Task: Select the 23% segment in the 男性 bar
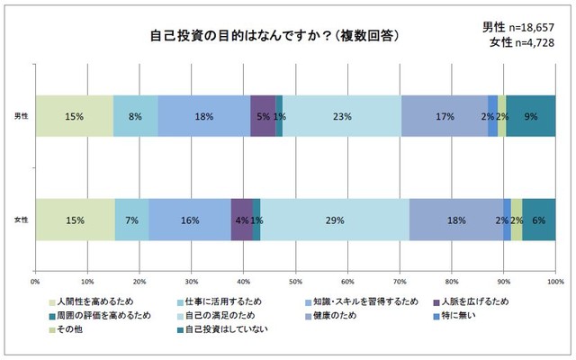tap(342, 115)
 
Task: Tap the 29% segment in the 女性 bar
tap(335, 220)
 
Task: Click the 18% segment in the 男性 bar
tap(204, 115)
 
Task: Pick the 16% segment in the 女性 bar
tap(190, 220)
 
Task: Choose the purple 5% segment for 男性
tap(263, 115)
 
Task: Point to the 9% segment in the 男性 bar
tap(531, 115)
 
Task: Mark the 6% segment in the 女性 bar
tap(539, 220)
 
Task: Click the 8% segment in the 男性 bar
tap(136, 115)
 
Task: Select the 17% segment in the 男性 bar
tap(445, 115)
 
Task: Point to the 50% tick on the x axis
tap(295, 282)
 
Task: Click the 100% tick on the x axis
tap(554, 282)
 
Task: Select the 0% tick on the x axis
tap(35, 282)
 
